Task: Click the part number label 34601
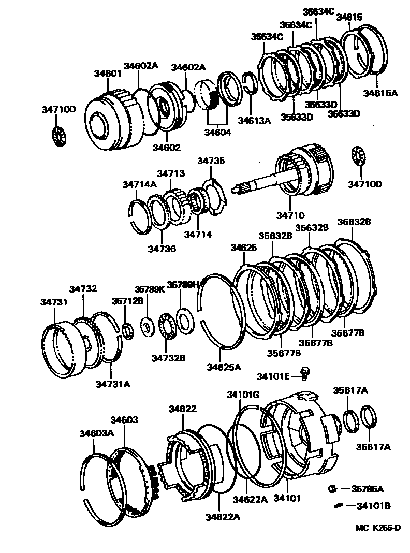coord(108,74)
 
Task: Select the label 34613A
coord(254,121)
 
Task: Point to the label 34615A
coord(380,93)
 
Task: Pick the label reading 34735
coord(211,161)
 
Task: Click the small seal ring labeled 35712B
coord(127,329)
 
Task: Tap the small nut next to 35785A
coord(333,488)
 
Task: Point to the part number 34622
coord(182,409)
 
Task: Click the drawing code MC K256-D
coord(378,528)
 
